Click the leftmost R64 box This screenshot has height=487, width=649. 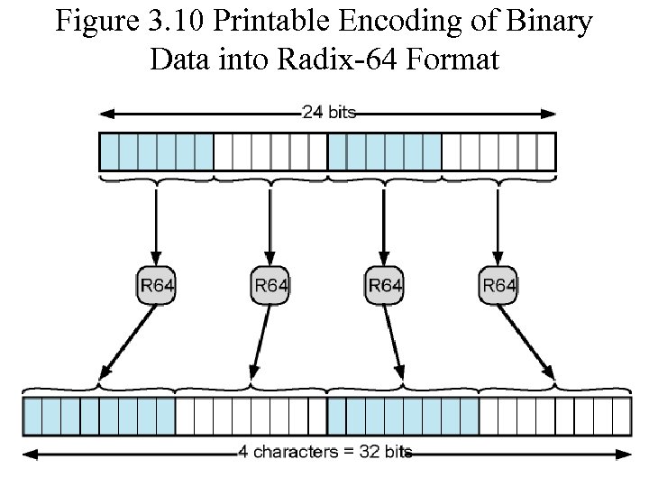pos(157,286)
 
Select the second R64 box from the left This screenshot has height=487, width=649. pos(270,286)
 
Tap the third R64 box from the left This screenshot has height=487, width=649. pos(385,286)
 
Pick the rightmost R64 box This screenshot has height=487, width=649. pos(498,286)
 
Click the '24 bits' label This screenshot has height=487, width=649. pos(329,113)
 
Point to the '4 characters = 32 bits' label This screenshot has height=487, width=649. pos(325,451)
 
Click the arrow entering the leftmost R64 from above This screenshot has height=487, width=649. pos(157,225)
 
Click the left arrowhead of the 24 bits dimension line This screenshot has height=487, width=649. pos(105,113)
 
